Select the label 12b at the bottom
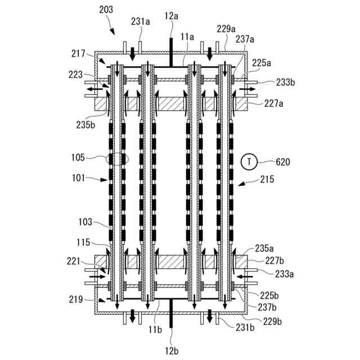tap(172, 349)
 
